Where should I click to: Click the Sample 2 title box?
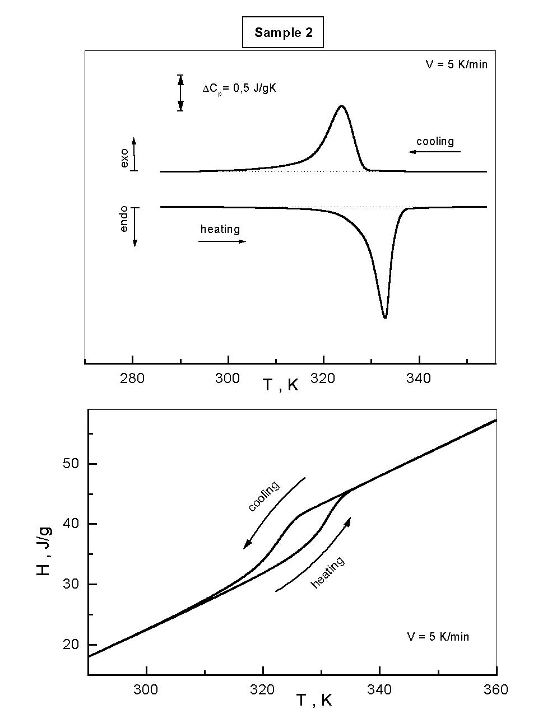283,32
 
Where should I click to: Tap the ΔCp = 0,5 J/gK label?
239,88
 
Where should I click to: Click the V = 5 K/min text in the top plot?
456,64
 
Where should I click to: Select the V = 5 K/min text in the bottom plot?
438,637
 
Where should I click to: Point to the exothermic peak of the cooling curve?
341,106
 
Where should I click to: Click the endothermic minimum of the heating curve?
385,318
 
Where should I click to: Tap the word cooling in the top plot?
435,141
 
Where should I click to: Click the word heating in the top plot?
220,229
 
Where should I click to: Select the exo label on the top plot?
124,159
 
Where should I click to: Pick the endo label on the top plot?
124,218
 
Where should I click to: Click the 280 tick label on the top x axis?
132,379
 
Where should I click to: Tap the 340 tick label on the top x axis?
419,379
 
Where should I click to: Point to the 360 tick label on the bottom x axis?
496,689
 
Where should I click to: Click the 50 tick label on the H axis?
72,464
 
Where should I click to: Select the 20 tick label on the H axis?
72,645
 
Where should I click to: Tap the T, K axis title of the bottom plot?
314,700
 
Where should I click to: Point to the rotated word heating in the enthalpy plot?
328,572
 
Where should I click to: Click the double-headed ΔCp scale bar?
180,93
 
